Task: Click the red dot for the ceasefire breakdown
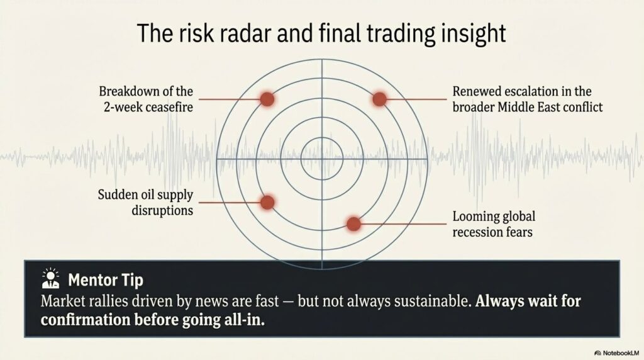coord(267,99)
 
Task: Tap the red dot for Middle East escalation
coord(379,99)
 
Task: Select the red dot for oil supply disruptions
coord(267,202)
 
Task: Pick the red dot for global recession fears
coord(353,223)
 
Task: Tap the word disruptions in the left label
coord(162,210)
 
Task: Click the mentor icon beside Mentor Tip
coord(50,279)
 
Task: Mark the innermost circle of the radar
coord(322,137)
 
